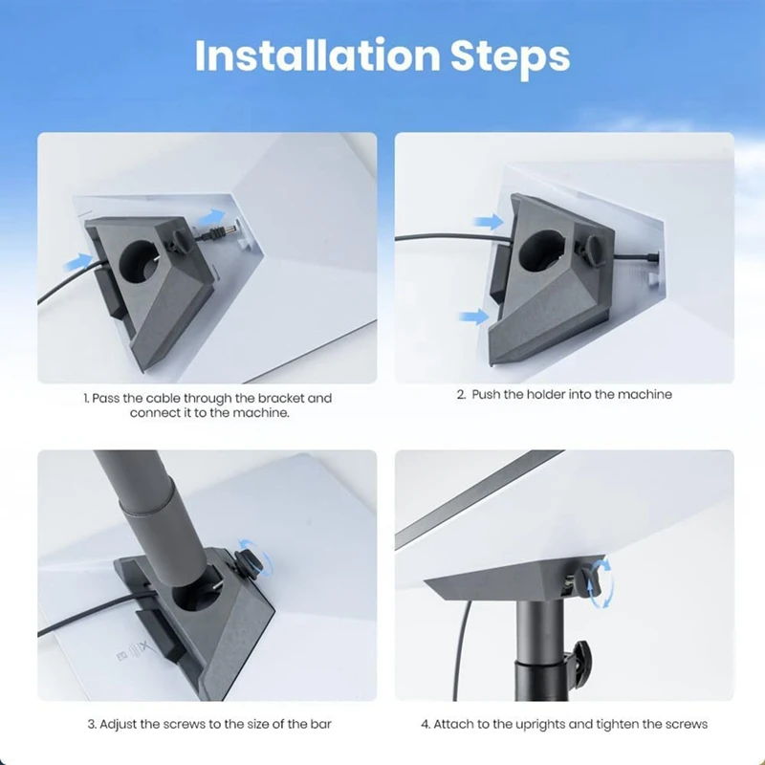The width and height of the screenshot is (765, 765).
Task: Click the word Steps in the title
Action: pos(514,57)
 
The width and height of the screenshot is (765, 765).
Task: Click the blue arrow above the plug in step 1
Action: pos(212,217)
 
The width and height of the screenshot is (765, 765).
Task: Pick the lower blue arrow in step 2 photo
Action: pos(473,317)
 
